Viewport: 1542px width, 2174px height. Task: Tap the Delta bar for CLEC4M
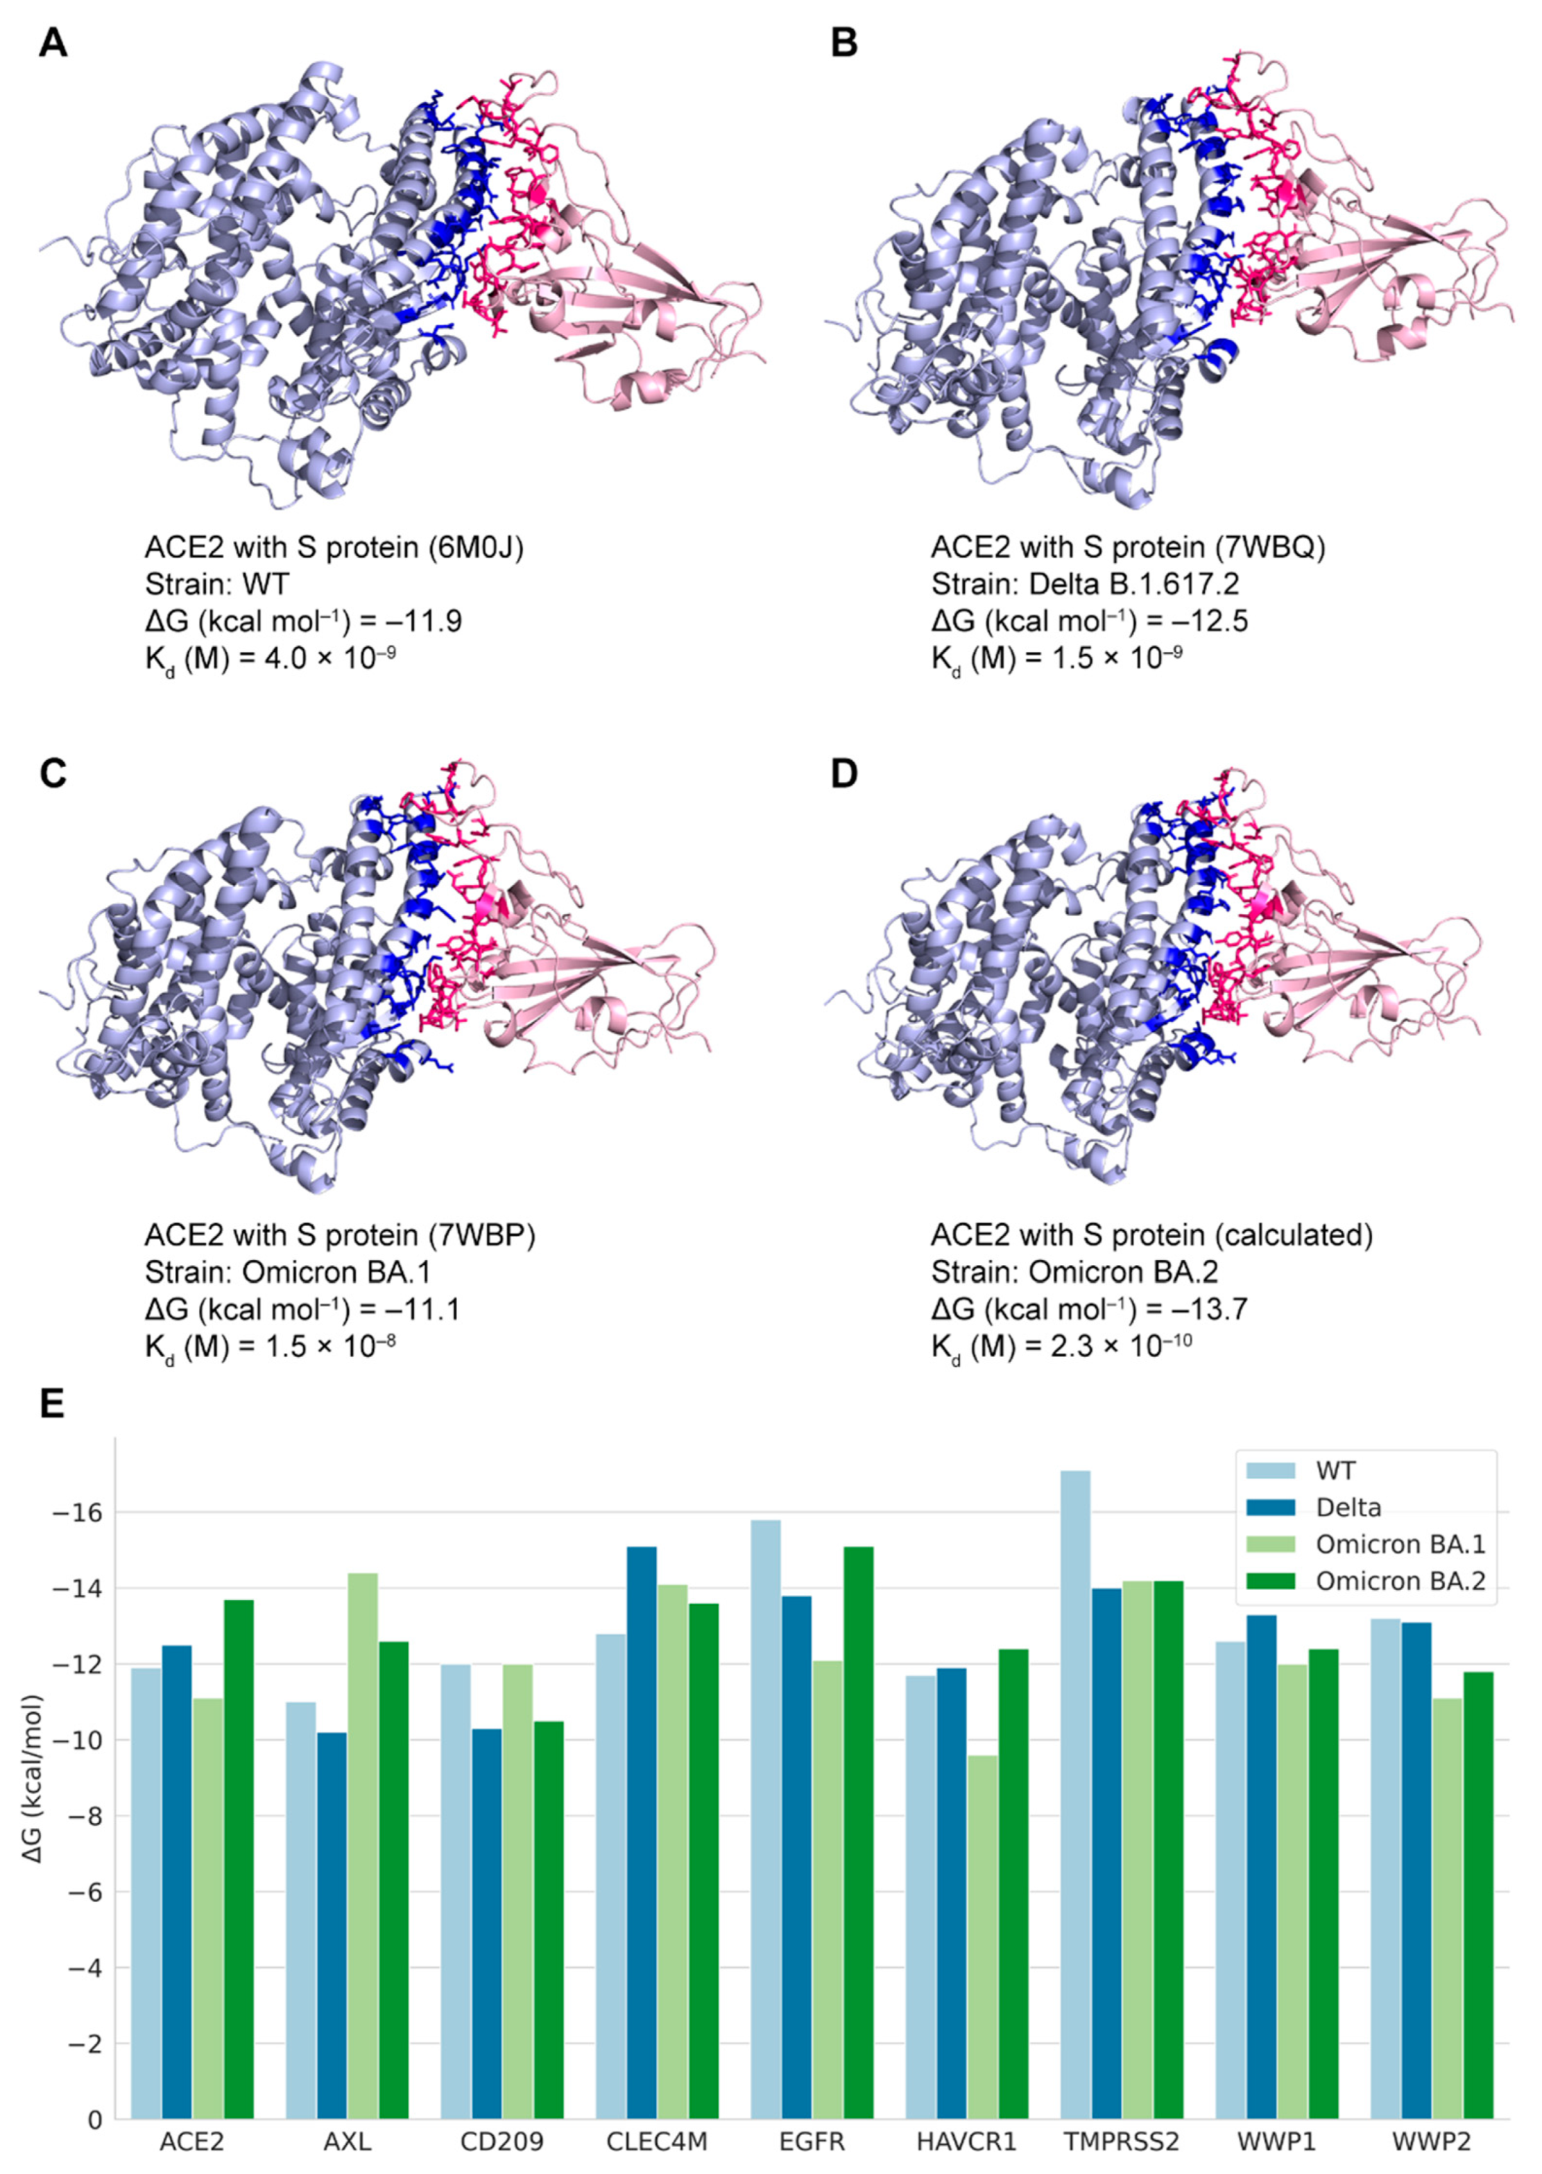coord(641,1832)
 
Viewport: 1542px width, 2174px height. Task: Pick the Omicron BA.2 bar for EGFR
coord(857,1832)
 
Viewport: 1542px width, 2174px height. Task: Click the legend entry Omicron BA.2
coord(1400,1580)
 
